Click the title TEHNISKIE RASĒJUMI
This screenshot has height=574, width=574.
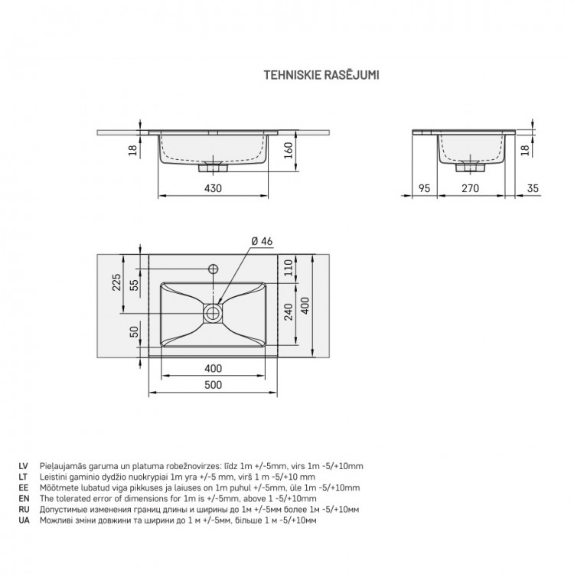click(321, 75)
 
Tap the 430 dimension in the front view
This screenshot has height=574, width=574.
click(213, 188)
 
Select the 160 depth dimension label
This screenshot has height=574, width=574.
click(289, 150)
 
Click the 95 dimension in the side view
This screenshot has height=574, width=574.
click(424, 188)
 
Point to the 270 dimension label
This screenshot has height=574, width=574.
click(470, 188)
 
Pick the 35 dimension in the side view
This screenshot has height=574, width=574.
click(533, 188)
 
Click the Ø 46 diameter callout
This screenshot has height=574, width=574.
click(262, 241)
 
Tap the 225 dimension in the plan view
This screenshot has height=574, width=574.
click(116, 282)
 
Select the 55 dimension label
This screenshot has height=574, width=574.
click(135, 285)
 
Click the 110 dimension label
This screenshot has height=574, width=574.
click(289, 268)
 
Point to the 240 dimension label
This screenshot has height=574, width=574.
click(289, 311)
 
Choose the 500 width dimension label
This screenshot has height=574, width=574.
click(213, 385)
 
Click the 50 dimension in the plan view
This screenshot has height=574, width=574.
click(135, 331)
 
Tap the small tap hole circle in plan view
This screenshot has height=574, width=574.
click(213, 269)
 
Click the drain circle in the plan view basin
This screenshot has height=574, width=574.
click(213, 313)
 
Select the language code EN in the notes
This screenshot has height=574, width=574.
click(24, 498)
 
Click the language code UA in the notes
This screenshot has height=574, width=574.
click(24, 520)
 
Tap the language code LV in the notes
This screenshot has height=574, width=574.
click(24, 466)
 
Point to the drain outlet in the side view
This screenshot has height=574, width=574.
click(471, 167)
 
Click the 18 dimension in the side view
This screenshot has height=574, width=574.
click(524, 150)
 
